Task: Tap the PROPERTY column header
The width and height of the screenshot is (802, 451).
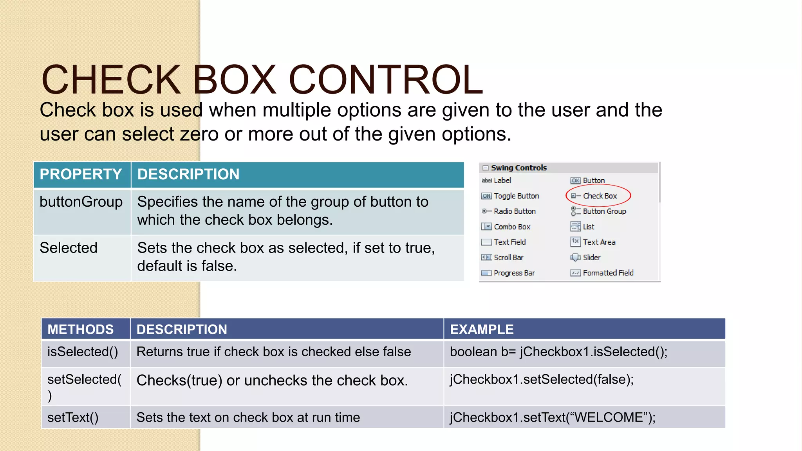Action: (81, 175)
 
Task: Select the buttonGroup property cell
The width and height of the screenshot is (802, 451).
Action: (81, 202)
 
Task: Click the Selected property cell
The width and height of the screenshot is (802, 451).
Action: (69, 248)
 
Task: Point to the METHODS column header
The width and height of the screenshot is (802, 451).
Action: (81, 330)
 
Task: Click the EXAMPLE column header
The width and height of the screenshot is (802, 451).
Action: (482, 330)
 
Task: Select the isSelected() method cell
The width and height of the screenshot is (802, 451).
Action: (83, 352)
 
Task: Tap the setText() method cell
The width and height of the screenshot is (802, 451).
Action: (73, 418)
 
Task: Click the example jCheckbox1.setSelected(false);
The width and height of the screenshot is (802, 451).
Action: (542, 380)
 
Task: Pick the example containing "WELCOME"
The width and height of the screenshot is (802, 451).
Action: (553, 418)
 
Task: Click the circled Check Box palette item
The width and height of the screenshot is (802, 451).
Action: (600, 196)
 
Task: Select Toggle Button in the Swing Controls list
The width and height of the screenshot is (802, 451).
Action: (516, 196)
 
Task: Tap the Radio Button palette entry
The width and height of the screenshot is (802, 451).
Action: (515, 211)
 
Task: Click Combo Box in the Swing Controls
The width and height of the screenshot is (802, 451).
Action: (512, 227)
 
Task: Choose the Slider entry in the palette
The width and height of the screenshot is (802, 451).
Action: (591, 258)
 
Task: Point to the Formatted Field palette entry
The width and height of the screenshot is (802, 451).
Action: (608, 273)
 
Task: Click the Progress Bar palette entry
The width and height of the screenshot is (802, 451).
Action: (514, 273)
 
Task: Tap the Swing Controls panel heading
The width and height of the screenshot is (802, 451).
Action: (519, 168)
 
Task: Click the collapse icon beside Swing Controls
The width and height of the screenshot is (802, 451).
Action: (486, 168)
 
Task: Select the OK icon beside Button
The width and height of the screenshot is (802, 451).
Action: (575, 180)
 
